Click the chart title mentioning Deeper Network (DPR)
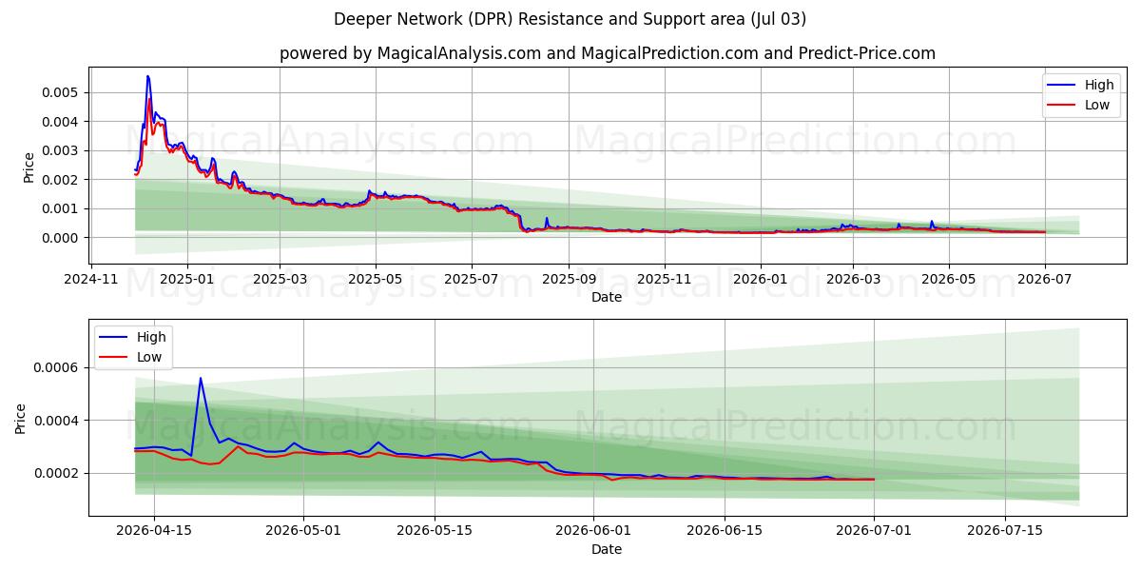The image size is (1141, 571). click(x=570, y=19)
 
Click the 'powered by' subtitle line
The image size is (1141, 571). click(x=608, y=53)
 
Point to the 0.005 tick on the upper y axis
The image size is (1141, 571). click(x=60, y=93)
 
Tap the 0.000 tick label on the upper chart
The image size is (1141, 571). click(x=60, y=238)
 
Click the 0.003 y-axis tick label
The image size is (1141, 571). click(x=60, y=151)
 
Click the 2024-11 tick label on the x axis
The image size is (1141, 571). click(x=90, y=280)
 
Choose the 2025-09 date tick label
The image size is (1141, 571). click(x=569, y=280)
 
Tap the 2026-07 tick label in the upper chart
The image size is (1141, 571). click(x=1045, y=280)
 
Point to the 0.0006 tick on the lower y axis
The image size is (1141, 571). click(x=56, y=367)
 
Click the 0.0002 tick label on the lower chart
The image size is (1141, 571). click(x=56, y=474)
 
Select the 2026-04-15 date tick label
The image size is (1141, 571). click(x=154, y=531)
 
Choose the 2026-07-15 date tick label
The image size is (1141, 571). click(x=1005, y=531)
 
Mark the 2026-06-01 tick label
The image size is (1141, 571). click(x=593, y=531)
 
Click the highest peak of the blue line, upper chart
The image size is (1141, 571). click(x=147, y=76)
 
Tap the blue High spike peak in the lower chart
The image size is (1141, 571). click(x=201, y=378)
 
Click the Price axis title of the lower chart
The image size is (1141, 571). click(x=20, y=419)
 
